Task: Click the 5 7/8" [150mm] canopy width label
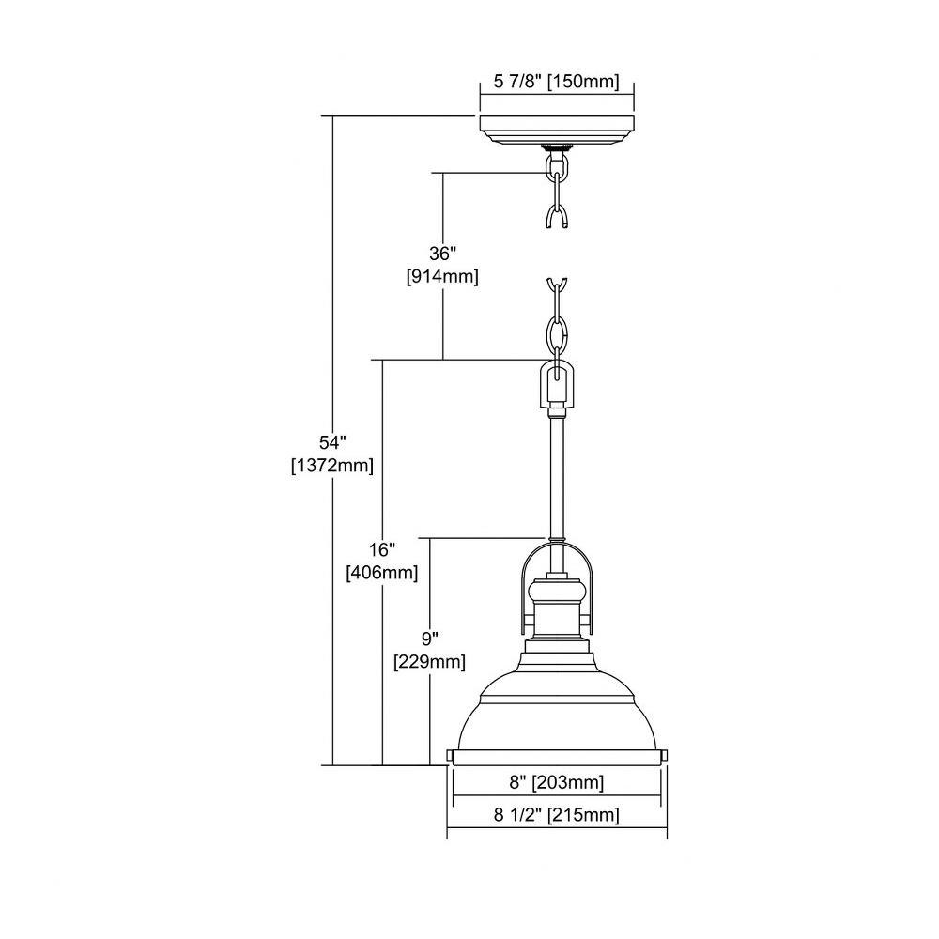point(556,81)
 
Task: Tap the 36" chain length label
point(442,254)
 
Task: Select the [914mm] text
point(442,277)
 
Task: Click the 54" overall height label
point(332,442)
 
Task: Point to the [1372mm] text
point(332,466)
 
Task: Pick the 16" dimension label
point(382,549)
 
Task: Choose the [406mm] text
point(382,573)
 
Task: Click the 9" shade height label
point(429,639)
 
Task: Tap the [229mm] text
point(429,662)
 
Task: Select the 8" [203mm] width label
point(556,782)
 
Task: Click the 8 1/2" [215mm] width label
point(556,814)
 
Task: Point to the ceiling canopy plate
point(557,130)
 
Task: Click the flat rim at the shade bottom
point(557,758)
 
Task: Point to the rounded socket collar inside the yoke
point(557,593)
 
